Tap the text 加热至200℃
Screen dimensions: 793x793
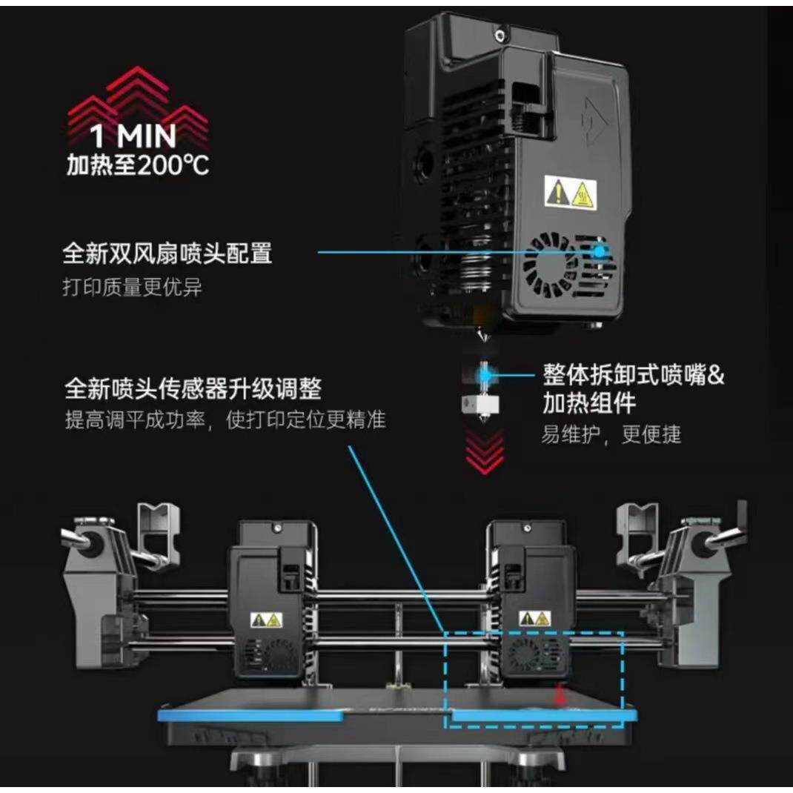tap(138, 165)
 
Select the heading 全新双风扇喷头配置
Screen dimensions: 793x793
tap(167, 253)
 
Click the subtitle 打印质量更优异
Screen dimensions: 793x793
tap(132, 288)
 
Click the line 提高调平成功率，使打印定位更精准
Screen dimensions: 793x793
tap(225, 419)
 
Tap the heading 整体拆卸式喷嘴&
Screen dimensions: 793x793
tap(634, 374)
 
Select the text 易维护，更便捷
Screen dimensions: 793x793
tap(610, 434)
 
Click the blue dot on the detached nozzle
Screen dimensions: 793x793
tap(484, 376)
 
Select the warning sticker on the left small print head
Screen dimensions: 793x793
tap(266, 619)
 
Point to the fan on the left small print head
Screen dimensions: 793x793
tap(280, 654)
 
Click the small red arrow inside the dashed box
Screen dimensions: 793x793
tap(561, 695)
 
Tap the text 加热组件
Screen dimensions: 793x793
tap(589, 404)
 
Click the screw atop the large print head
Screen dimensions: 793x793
tap(502, 34)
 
